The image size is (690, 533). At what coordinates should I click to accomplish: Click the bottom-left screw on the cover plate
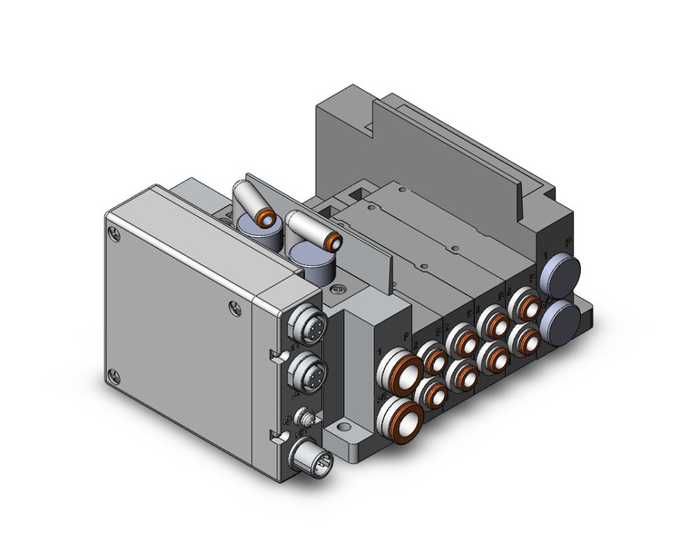pyautogui.click(x=113, y=373)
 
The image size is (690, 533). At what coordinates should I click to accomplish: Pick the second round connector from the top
pyautogui.click(x=302, y=370)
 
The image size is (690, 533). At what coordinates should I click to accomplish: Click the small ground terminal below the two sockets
pyautogui.click(x=307, y=419)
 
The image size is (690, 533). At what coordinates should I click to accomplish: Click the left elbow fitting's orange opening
pyautogui.click(x=268, y=219)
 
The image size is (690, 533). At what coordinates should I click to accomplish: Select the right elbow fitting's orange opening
pyautogui.click(x=336, y=241)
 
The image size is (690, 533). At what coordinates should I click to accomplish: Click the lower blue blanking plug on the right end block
pyautogui.click(x=564, y=319)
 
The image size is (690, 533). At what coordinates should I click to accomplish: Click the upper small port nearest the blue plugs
pyautogui.click(x=521, y=301)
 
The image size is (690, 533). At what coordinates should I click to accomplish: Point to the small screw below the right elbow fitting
pyautogui.click(x=338, y=290)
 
